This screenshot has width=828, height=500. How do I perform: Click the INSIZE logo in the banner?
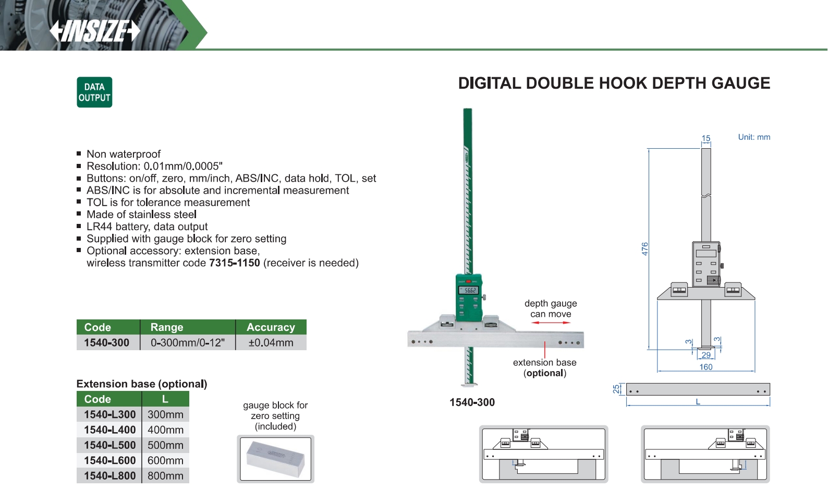(x=95, y=31)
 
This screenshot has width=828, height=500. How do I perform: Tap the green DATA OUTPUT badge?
(x=94, y=92)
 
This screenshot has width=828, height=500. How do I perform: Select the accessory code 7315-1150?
(x=234, y=263)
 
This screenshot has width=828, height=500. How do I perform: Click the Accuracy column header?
(x=271, y=327)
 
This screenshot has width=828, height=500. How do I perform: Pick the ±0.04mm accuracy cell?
(x=271, y=342)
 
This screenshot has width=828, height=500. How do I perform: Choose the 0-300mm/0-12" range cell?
(x=188, y=342)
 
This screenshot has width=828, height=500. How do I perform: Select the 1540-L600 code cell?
(x=109, y=460)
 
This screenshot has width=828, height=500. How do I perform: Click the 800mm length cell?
(x=166, y=475)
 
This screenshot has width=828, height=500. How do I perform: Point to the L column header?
(x=165, y=399)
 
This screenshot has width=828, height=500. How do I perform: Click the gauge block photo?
(x=275, y=459)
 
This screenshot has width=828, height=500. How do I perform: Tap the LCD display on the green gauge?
(x=469, y=290)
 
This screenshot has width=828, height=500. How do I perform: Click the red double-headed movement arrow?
(x=551, y=323)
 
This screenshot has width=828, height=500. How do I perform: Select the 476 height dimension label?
(x=644, y=249)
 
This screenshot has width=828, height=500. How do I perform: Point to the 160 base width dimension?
(x=705, y=367)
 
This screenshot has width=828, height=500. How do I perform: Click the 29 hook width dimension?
(x=706, y=355)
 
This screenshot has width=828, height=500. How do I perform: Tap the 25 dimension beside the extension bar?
(x=616, y=389)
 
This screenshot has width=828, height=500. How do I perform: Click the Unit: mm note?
(x=754, y=137)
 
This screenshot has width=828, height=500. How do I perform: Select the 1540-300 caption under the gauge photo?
(x=472, y=402)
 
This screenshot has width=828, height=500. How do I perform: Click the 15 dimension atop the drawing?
(x=706, y=138)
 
